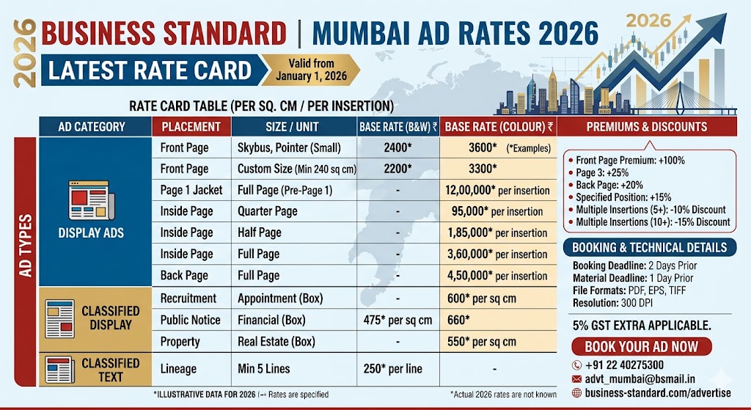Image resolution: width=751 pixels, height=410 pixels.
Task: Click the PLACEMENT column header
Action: [x=191, y=126]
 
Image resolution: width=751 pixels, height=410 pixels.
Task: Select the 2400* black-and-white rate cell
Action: [x=397, y=147]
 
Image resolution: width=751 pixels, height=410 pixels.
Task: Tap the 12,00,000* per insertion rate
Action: [x=498, y=190]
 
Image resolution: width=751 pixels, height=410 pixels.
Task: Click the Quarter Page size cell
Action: [x=267, y=211]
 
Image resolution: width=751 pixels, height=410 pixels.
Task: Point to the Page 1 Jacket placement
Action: [x=191, y=190]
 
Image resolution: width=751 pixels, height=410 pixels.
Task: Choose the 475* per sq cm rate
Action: [x=397, y=320]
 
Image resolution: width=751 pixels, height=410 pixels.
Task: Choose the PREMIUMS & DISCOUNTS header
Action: [x=646, y=126]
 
